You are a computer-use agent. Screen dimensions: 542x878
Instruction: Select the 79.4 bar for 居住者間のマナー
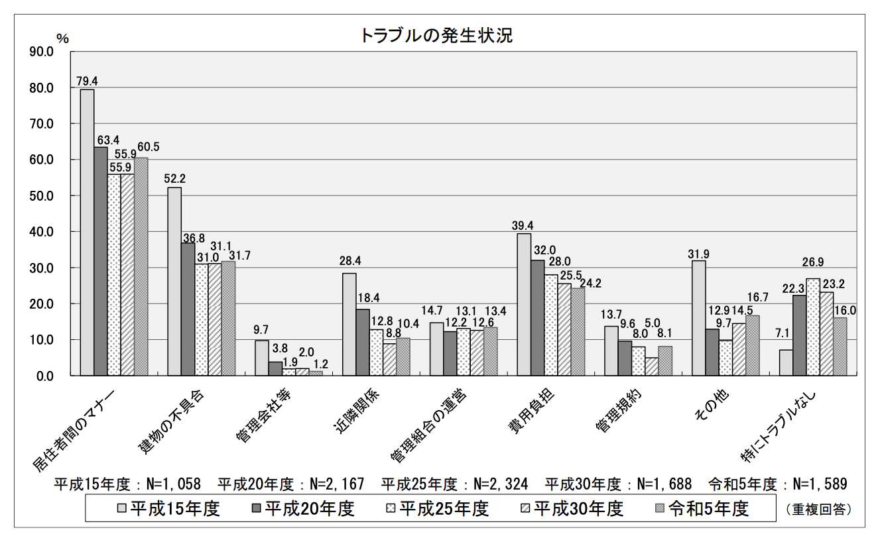pyautogui.click(x=87, y=232)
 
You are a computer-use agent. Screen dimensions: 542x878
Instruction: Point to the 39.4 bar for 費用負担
pyautogui.click(x=524, y=304)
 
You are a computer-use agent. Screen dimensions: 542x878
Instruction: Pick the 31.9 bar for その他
pyautogui.click(x=699, y=318)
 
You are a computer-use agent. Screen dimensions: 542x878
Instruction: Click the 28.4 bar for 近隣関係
pyautogui.click(x=349, y=324)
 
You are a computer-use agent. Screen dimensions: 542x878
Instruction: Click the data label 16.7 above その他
pyautogui.click(x=756, y=298)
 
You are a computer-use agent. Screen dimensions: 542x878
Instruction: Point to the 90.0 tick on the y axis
pyautogui.click(x=41, y=52)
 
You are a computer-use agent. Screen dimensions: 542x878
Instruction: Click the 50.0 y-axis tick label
pyautogui.click(x=41, y=196)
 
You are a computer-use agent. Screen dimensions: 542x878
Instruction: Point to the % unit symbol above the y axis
pyautogui.click(x=62, y=38)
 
